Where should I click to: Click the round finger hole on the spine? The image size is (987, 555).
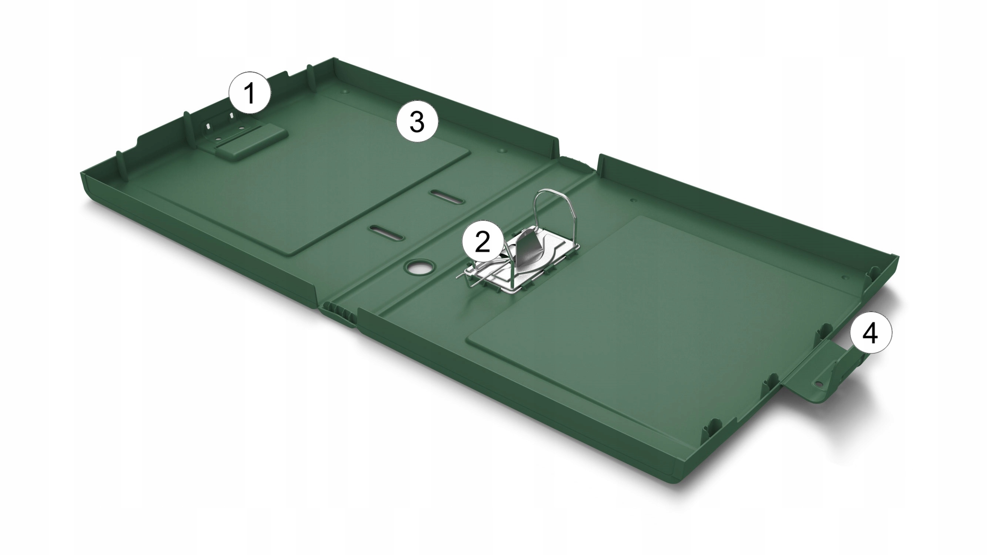click(x=418, y=267)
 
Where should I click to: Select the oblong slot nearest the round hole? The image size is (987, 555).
click(x=386, y=232)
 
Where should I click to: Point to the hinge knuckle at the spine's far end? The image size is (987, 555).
click(x=577, y=161)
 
